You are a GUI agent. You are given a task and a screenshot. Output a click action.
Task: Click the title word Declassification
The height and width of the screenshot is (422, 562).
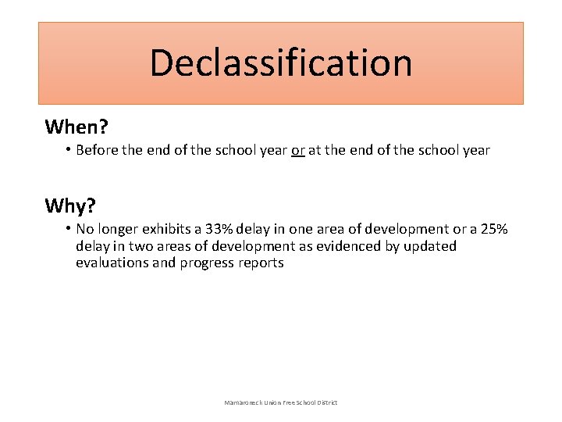[x=281, y=63]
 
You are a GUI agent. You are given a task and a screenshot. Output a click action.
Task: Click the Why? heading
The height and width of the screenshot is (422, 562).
[x=70, y=206]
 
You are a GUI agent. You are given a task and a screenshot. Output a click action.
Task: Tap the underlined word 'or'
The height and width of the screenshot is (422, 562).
[x=297, y=150]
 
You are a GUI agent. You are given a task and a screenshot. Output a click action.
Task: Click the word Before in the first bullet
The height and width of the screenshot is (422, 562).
[x=100, y=150]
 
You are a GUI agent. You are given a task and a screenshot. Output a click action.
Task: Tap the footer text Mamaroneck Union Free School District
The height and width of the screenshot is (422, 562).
[x=281, y=402]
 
